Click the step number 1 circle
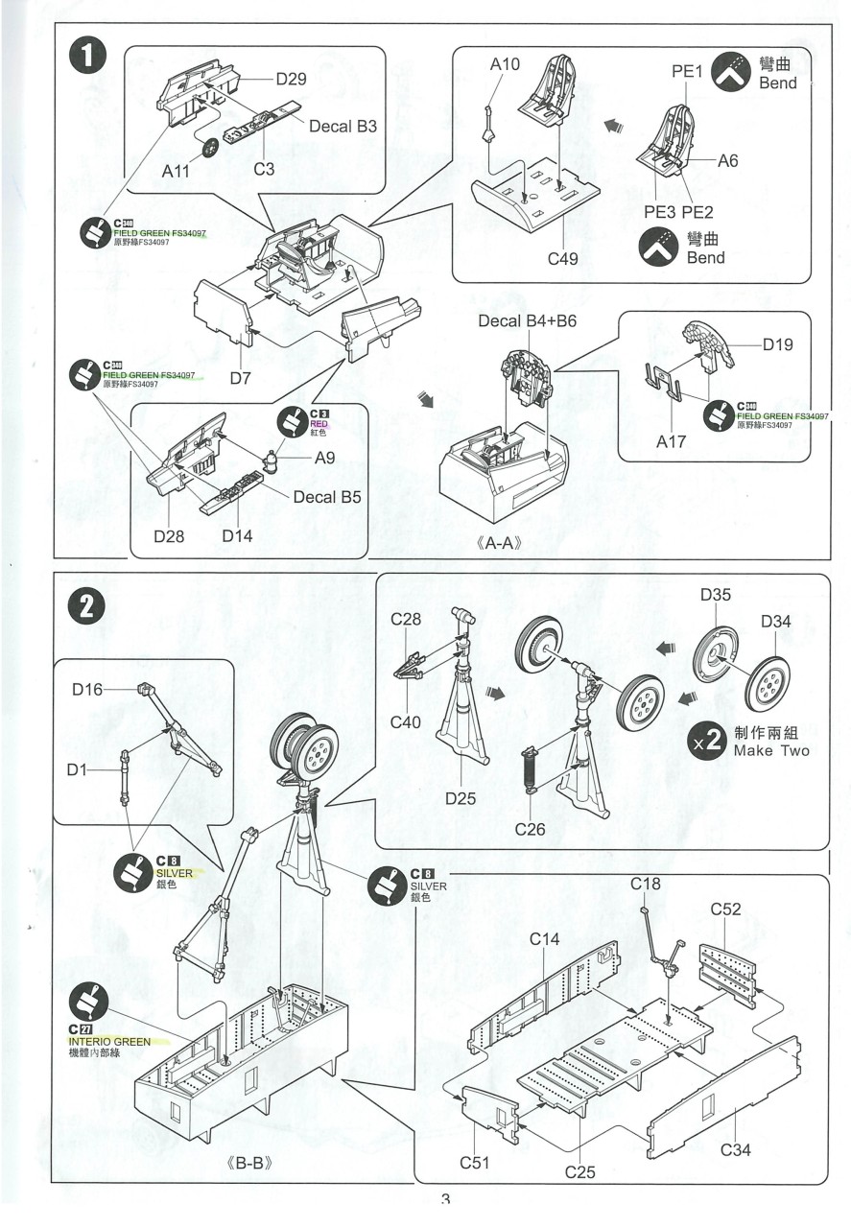click(88, 57)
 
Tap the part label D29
click(291, 79)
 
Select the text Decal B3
click(343, 126)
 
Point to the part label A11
click(177, 172)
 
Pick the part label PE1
click(688, 71)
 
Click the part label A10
click(504, 64)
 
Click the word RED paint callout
click(319, 422)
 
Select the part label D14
click(237, 536)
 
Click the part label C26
click(531, 829)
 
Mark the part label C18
click(646, 883)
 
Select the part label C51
click(475, 1163)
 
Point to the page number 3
click(445, 1200)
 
